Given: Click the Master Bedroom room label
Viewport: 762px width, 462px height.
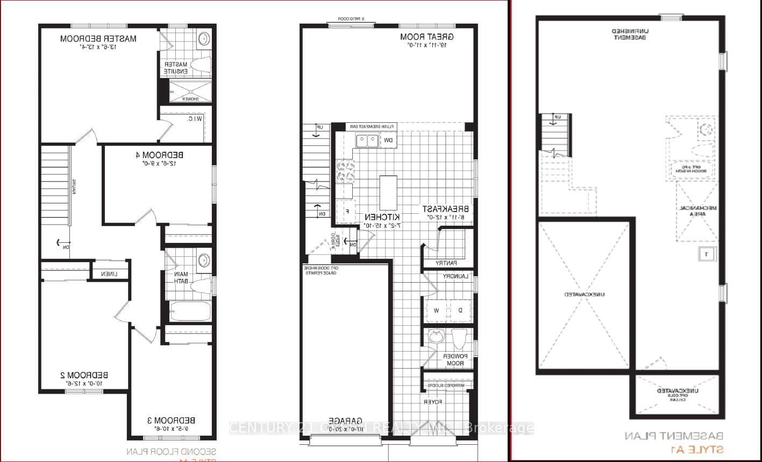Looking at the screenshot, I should coord(98,39).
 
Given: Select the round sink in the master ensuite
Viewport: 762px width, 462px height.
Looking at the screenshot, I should coord(204,39).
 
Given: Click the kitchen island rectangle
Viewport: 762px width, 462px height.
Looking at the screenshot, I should coord(388,192).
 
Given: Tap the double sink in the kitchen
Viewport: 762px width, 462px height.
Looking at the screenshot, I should coord(366,141).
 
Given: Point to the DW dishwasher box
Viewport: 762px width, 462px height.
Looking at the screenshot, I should coord(387,141).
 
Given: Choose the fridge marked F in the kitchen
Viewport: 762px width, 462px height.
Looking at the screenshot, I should coord(347,211).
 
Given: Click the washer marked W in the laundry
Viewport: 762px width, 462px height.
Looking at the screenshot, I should coord(437,311).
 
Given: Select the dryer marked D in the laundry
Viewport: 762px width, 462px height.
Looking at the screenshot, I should coord(460,311).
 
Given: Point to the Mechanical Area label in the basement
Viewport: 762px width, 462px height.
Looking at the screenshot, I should coord(696,210).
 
